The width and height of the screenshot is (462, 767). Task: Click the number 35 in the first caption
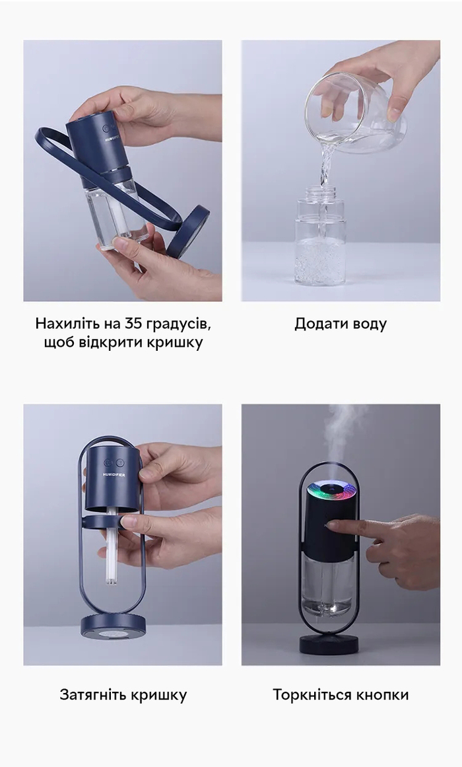click(133, 323)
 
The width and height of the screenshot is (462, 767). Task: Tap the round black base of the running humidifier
click(329, 644)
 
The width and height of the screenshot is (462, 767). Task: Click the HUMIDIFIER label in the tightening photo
click(114, 474)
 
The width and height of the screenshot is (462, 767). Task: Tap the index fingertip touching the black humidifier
click(332, 525)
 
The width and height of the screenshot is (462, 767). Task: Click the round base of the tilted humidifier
click(188, 231)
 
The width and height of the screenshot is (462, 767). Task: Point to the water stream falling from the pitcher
click(325, 166)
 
